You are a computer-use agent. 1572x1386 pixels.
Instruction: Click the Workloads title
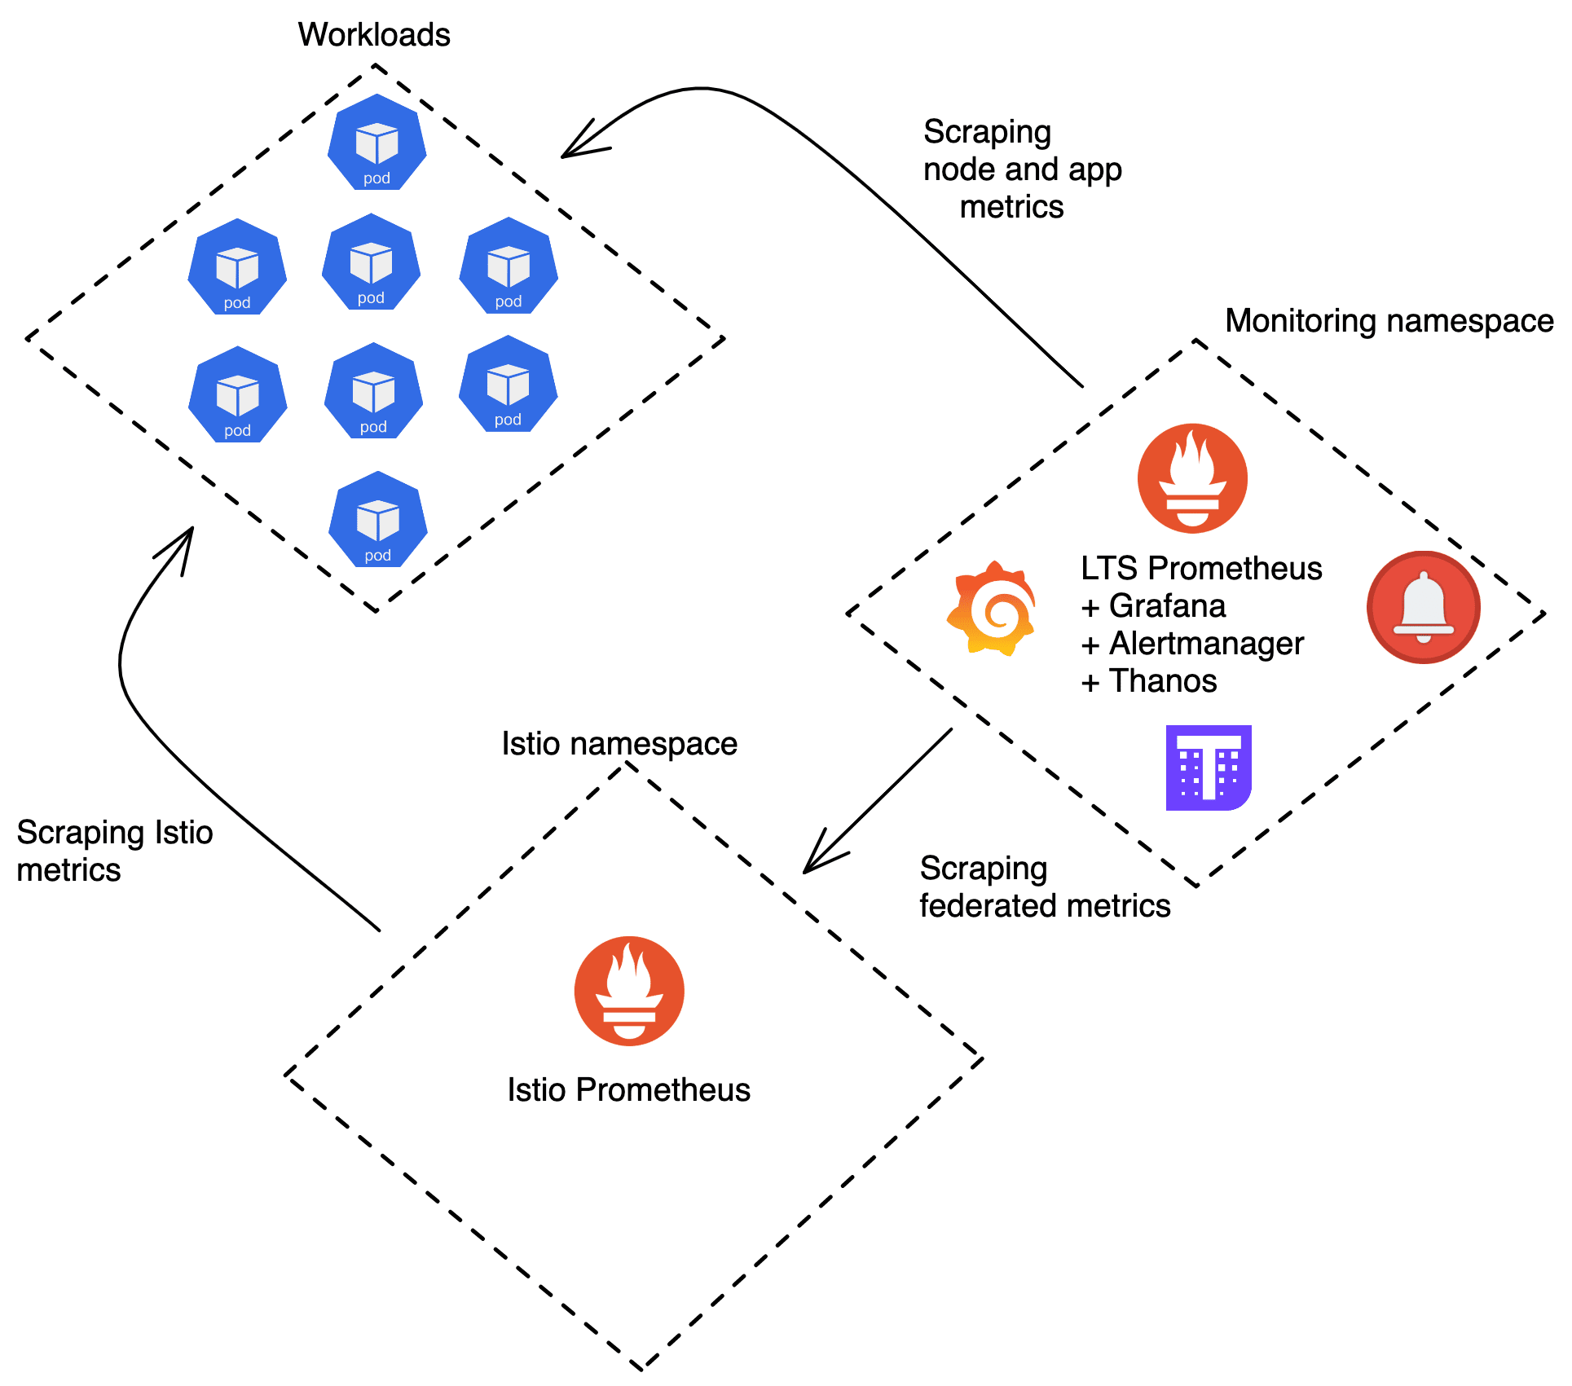[374, 34]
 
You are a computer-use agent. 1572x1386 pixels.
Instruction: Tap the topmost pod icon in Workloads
[376, 143]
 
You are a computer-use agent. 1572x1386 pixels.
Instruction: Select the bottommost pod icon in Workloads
[377, 520]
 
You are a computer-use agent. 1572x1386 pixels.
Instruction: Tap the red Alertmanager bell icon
[1423, 608]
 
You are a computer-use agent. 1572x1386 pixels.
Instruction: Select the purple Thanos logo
[1208, 768]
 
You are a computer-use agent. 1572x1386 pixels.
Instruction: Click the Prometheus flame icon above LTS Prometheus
[1192, 478]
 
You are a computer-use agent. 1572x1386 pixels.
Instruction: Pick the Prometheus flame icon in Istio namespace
[629, 991]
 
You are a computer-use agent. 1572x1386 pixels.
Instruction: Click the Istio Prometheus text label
[628, 1090]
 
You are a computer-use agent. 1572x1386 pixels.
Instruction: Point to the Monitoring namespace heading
[1389, 321]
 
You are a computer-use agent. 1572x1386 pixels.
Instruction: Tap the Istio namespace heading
[619, 744]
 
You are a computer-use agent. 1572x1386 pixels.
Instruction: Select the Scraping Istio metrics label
[114, 851]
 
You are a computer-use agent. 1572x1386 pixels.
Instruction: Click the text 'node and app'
[1022, 169]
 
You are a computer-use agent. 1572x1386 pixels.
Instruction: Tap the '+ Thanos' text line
[1149, 681]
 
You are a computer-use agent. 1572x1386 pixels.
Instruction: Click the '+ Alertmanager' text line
[1192, 644]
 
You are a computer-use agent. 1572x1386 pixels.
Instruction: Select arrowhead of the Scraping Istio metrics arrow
[189, 535]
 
